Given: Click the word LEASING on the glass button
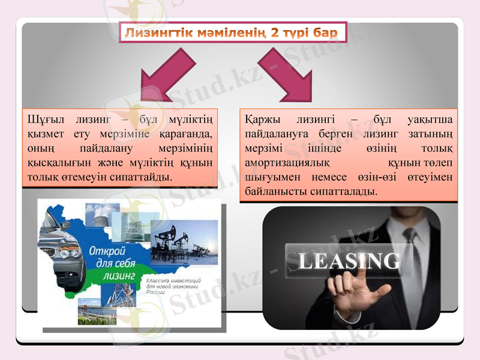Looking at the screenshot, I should tap(349, 261).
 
